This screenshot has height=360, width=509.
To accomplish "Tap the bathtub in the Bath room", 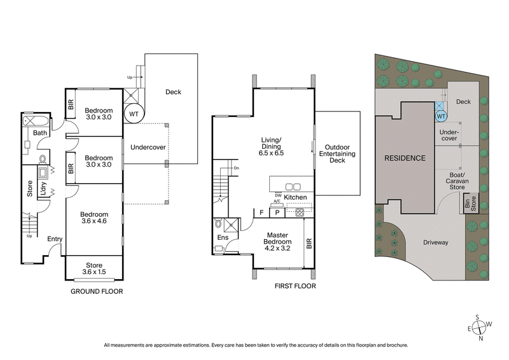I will pos(32,120).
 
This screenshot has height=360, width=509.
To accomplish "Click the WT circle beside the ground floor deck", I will pos(134,114).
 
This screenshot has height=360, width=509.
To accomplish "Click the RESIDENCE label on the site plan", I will pos(403,158).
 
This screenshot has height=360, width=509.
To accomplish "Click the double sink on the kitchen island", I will pos(292,186).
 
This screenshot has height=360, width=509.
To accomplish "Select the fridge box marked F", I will pos(261,212).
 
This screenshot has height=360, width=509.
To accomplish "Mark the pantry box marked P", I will pos(277,212).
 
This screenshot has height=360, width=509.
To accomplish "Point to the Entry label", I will pos(55,239).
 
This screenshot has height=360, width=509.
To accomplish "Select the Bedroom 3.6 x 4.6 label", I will pos(94,218).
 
